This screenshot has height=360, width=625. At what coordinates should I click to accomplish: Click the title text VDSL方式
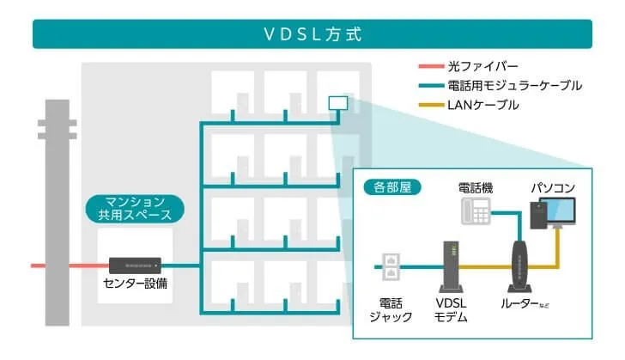312,34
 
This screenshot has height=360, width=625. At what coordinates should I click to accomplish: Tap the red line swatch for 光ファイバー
431,66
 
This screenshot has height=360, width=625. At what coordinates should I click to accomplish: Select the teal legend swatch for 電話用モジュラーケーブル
431,85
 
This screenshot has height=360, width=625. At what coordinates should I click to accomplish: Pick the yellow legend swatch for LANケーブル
431,105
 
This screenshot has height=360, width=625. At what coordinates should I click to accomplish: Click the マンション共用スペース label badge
135,208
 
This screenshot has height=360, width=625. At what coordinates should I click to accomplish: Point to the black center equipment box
135,265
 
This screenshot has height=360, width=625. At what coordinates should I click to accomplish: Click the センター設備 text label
135,284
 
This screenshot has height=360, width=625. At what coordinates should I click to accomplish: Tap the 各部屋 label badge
392,187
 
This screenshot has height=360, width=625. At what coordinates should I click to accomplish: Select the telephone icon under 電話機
476,211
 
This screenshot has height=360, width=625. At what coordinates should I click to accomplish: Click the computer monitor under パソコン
561,212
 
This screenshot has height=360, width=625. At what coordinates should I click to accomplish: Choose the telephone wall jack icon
391,266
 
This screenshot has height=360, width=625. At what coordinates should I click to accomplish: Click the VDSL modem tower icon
451,266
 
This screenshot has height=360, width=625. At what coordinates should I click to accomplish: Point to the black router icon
519,266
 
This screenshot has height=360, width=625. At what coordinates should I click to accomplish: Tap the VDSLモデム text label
451,310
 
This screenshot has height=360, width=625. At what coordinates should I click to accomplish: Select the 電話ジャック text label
391,310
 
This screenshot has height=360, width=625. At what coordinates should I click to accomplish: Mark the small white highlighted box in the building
338,103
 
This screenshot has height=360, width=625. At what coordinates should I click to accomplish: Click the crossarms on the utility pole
57,130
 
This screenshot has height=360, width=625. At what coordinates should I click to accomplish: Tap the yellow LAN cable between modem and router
485,266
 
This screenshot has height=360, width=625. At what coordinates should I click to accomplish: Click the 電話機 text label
476,187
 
